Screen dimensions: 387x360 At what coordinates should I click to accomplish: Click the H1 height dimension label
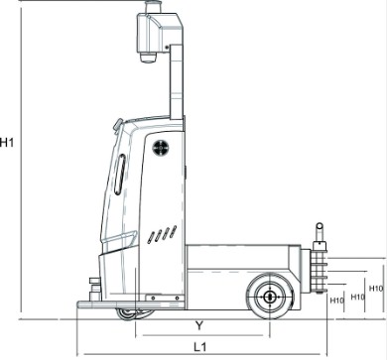[x=7, y=143]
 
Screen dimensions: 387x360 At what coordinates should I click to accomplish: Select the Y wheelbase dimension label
[x=199, y=326]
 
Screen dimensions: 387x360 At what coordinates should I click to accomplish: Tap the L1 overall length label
[x=200, y=347]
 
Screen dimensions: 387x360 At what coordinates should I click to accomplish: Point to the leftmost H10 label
[x=337, y=300]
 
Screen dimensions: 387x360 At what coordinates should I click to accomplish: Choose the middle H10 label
[x=357, y=297]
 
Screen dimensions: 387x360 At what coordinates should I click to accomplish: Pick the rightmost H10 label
[x=376, y=289]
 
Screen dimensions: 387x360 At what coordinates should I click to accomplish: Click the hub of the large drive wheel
[x=270, y=297]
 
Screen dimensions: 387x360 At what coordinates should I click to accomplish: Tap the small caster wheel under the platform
[x=126, y=314]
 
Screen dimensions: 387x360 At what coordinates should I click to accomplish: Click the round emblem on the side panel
[x=161, y=148]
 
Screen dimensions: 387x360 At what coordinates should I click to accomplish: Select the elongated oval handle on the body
[x=120, y=175]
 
